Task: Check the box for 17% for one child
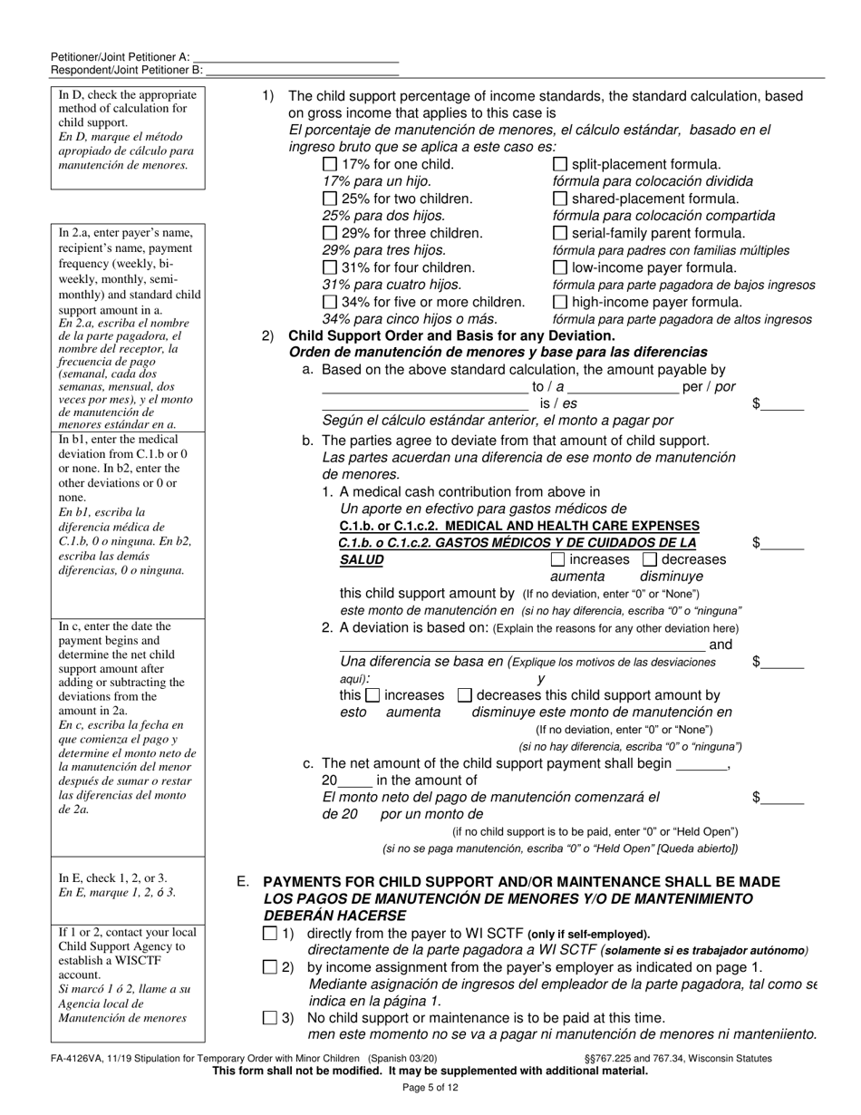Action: click(x=330, y=165)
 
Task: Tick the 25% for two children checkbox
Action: click(x=330, y=199)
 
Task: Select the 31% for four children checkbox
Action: click(x=330, y=267)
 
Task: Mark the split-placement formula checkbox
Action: click(x=560, y=165)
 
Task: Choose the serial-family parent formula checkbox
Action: click(x=560, y=233)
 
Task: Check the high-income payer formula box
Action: click(x=560, y=302)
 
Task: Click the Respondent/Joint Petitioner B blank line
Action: click(x=302, y=70)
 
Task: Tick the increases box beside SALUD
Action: click(x=557, y=559)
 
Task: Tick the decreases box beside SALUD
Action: click(x=650, y=559)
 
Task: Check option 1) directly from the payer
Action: click(x=270, y=933)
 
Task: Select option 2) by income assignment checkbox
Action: click(x=270, y=967)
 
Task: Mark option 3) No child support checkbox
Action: click(x=270, y=1018)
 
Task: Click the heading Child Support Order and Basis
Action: click(x=451, y=335)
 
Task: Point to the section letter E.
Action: click(x=242, y=882)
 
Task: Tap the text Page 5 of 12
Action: click(x=430, y=1087)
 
